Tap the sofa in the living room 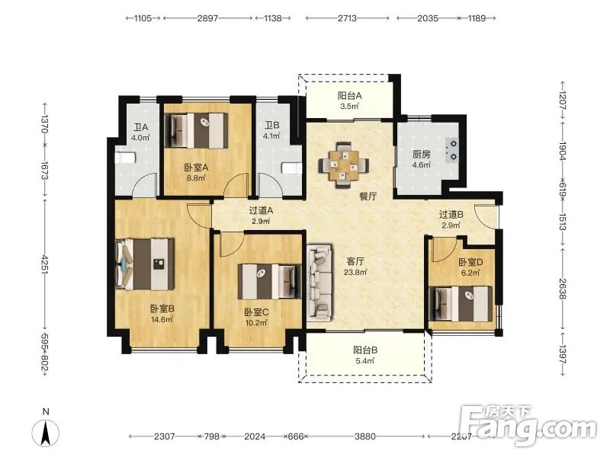pyautogui.click(x=319, y=282)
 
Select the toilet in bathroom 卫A pyautogui.click(x=125, y=158)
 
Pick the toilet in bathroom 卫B pyautogui.click(x=292, y=168)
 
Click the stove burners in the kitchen pyautogui.click(x=453, y=150)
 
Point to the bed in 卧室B pyautogui.click(x=145, y=264)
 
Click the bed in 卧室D pyautogui.click(x=461, y=304)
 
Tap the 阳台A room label pyautogui.click(x=349, y=95)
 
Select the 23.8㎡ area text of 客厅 pyautogui.click(x=355, y=272)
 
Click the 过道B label pyautogui.click(x=451, y=214)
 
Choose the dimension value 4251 pyautogui.click(x=45, y=264)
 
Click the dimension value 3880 pyautogui.click(x=365, y=436)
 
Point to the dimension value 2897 pyautogui.click(x=207, y=18)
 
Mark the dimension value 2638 pyautogui.click(x=562, y=289)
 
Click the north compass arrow pyautogui.click(x=46, y=433)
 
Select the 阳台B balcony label pyautogui.click(x=365, y=350)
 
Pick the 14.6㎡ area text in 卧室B pyautogui.click(x=162, y=319)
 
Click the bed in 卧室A pyautogui.click(x=196, y=130)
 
